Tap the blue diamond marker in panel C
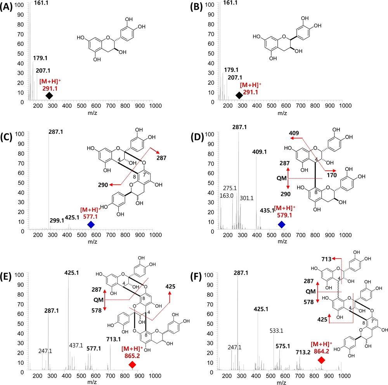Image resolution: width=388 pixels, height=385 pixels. tap(91, 225)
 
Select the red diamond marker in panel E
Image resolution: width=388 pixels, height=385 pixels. tap(132, 364)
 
